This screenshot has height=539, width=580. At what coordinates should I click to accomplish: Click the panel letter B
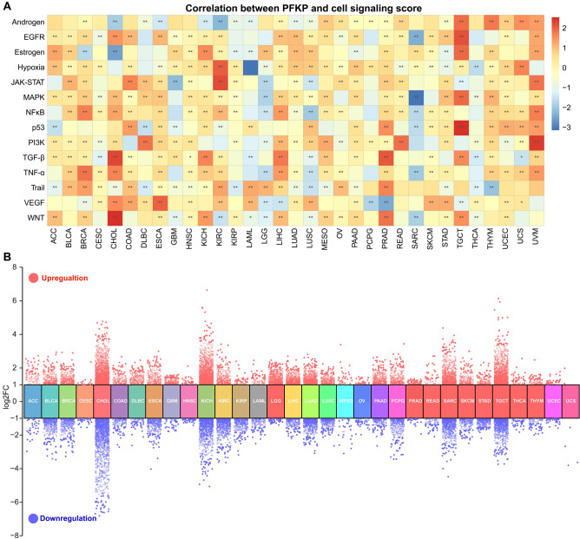[x=6, y=257]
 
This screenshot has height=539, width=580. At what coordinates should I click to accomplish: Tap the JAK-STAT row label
[x=25, y=82]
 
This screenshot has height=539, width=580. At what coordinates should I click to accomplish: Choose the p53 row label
[x=35, y=126]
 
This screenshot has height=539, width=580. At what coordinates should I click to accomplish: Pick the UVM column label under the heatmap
[x=537, y=233]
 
